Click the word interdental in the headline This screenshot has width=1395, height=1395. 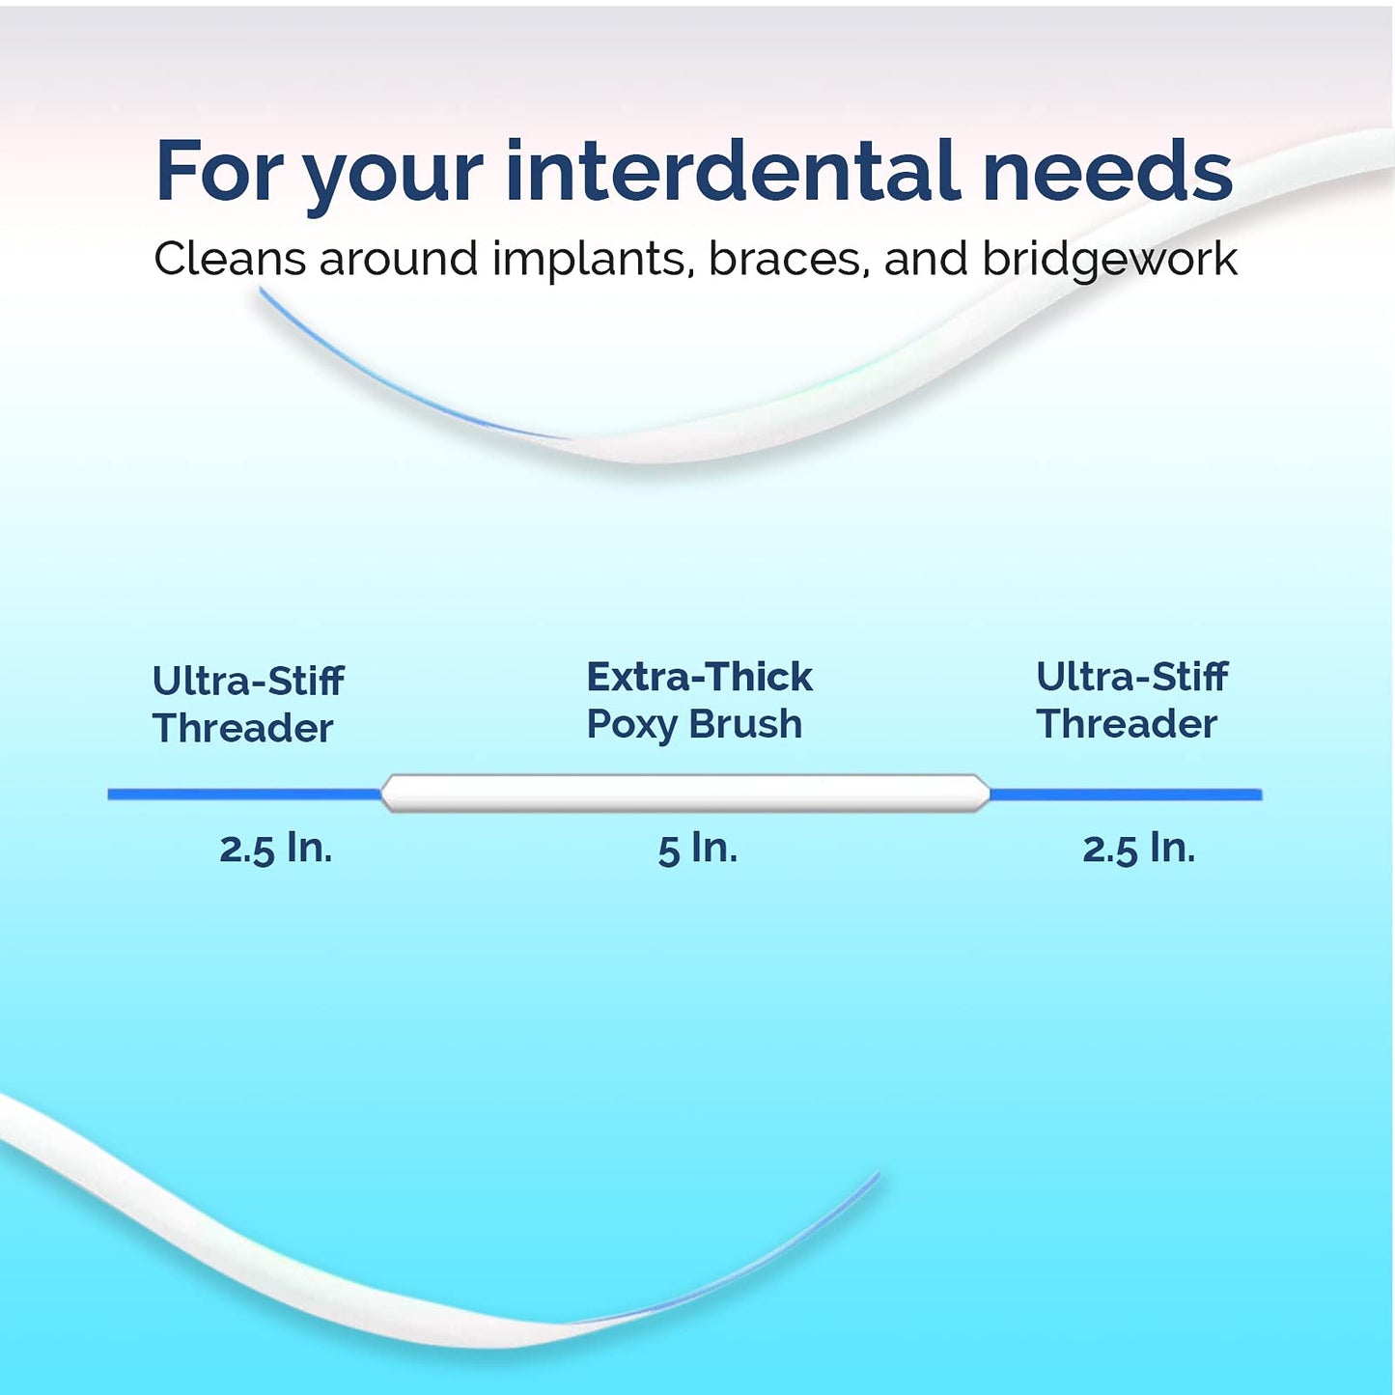click(x=731, y=171)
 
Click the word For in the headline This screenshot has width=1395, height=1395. click(x=218, y=171)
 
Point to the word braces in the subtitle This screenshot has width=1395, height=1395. click(x=784, y=259)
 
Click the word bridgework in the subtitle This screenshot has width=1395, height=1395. click(x=1109, y=259)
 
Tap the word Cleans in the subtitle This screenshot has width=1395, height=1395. click(x=229, y=259)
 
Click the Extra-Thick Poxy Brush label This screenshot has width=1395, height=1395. click(x=698, y=701)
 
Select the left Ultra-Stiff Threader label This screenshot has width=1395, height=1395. click(x=247, y=705)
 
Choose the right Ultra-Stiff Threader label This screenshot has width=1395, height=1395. click(x=1130, y=701)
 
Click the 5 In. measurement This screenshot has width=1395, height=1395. click(x=697, y=849)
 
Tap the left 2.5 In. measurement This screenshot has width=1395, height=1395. click(x=275, y=849)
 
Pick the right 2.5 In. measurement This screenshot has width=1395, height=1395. click(x=1138, y=849)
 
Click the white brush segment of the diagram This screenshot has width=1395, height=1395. click(x=685, y=794)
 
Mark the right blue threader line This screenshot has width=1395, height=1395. click(x=1126, y=795)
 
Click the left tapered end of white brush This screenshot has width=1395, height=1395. click(x=389, y=794)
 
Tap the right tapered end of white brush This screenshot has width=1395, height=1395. click(x=982, y=794)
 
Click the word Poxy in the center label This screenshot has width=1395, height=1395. click(x=630, y=725)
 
